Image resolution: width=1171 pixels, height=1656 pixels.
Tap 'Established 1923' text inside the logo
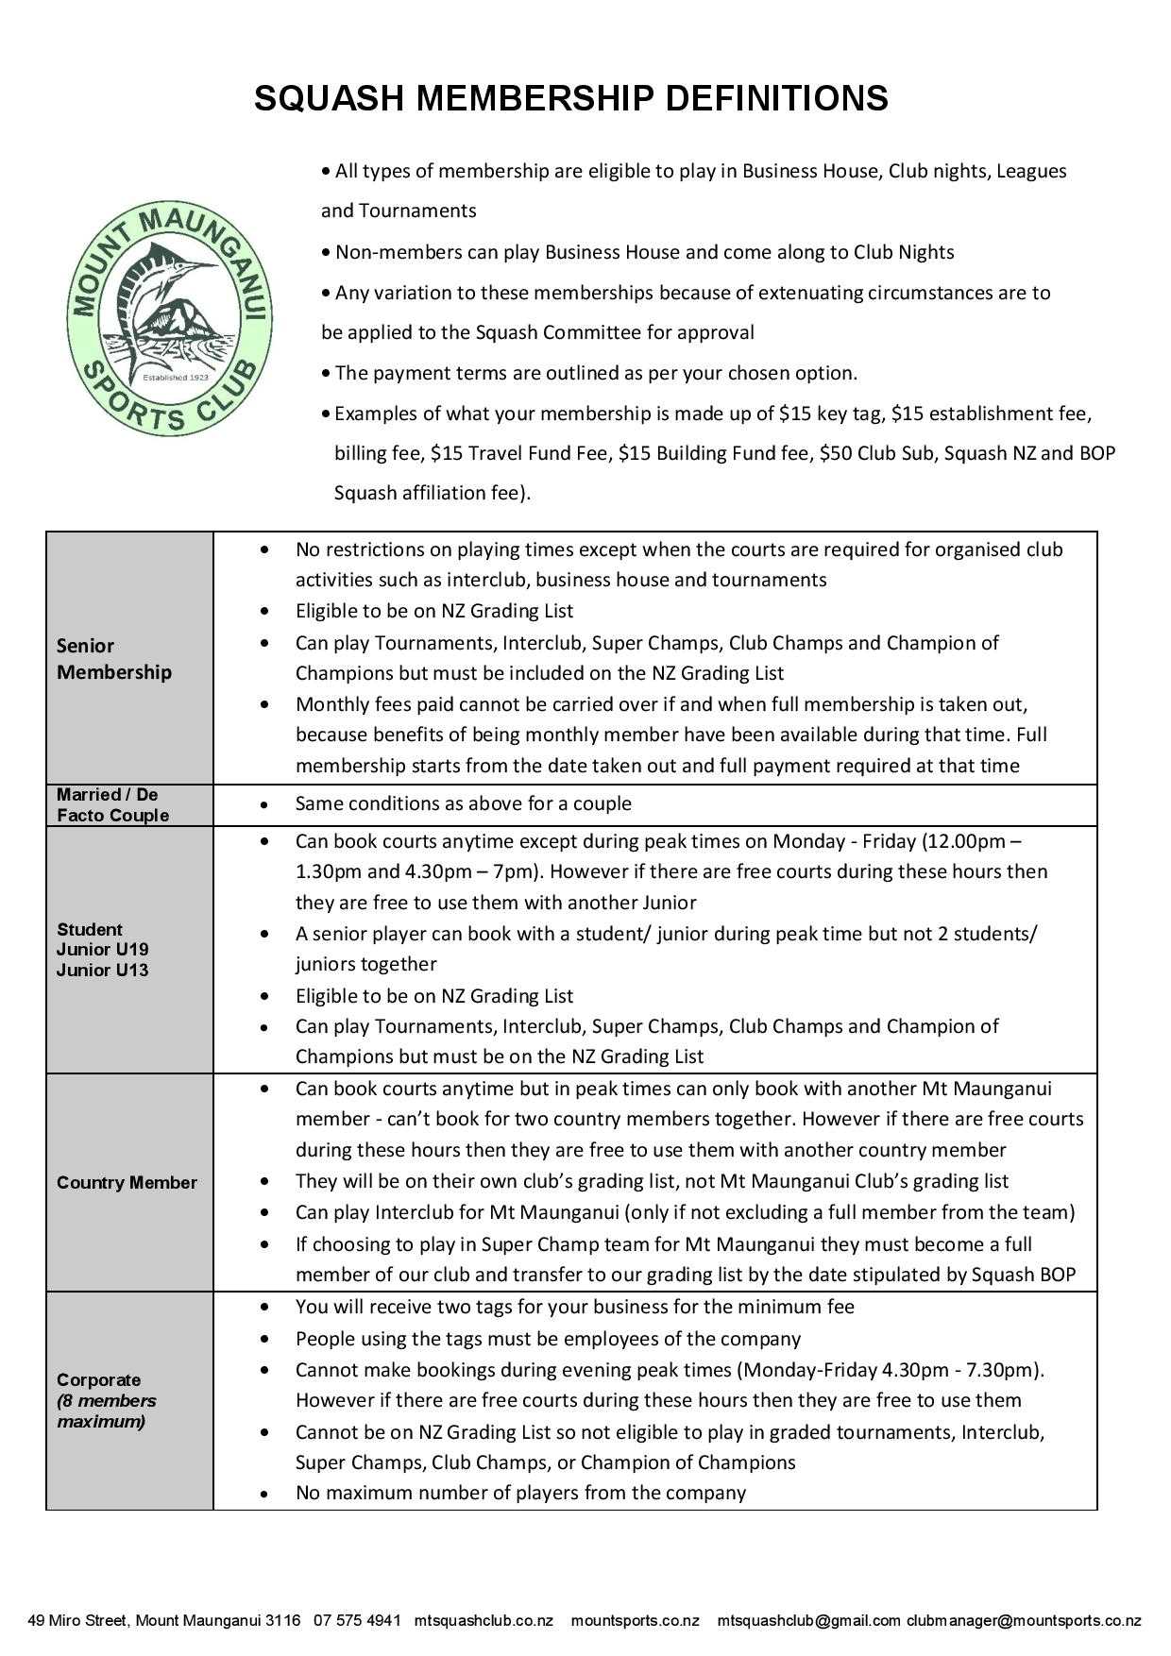[x=174, y=377]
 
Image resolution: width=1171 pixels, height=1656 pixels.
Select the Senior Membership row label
[x=113, y=659]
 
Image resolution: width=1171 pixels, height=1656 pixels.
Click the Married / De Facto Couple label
[x=111, y=805]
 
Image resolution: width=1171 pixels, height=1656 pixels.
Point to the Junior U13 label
[x=102, y=970]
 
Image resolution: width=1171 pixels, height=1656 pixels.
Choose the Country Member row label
[x=127, y=1183]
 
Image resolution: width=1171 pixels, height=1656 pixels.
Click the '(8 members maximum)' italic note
[x=106, y=1411]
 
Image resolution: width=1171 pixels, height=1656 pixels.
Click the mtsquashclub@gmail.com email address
[x=808, y=1621]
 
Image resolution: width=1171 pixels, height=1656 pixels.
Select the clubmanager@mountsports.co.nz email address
[x=1024, y=1621]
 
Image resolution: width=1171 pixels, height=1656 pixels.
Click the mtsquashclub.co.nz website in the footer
[x=484, y=1621]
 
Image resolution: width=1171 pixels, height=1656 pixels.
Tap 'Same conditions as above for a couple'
[x=463, y=804]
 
